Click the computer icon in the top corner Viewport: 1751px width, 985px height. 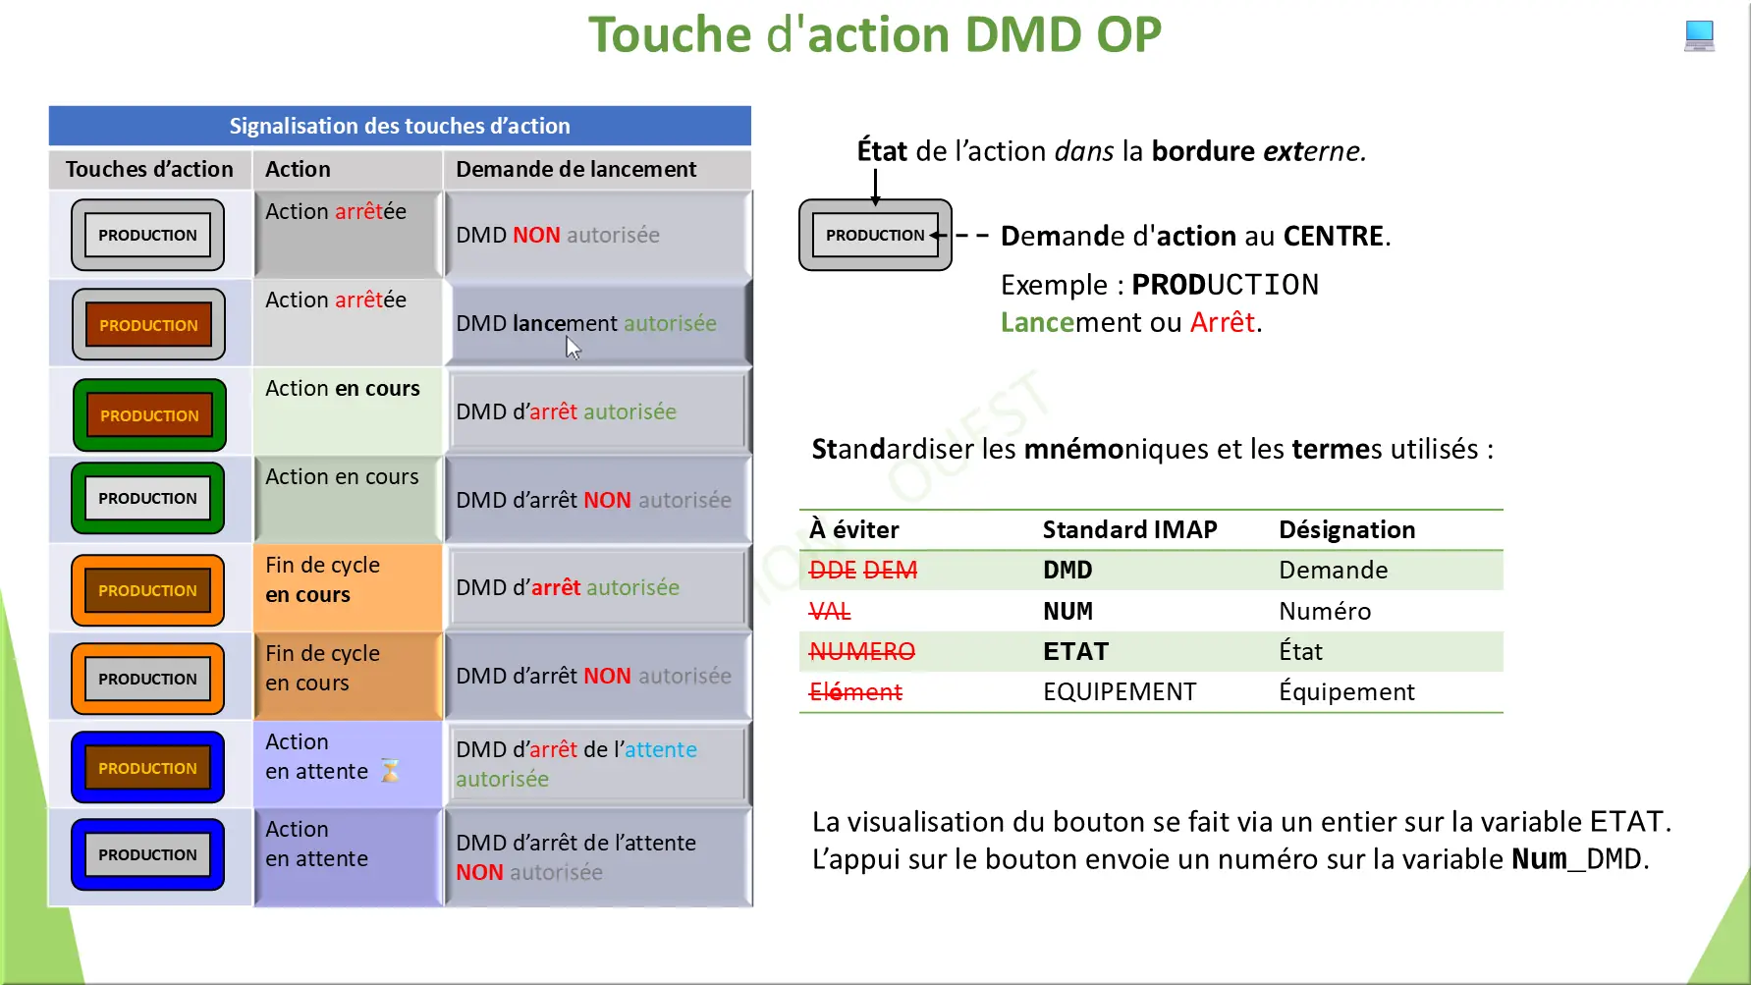pos(1699,35)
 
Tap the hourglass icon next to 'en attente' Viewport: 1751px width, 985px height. pos(390,771)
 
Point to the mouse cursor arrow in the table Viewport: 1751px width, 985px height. pos(574,348)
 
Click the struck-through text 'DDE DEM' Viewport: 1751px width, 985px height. pos(862,571)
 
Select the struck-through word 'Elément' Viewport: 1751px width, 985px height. pos(854,692)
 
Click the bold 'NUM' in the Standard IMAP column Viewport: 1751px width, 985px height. pos(1067,611)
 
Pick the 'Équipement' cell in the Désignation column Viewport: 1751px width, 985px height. pos(1346,691)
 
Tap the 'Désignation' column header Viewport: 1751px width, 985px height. pos(1346,530)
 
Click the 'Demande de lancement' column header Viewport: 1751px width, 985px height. pos(576,169)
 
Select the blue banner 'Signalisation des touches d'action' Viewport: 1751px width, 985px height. pos(400,126)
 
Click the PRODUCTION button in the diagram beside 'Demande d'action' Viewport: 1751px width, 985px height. pos(875,236)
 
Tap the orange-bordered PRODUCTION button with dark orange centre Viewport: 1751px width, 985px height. pos(147,590)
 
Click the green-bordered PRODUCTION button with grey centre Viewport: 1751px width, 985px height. pos(147,498)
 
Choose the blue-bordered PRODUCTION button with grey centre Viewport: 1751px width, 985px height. pos(147,854)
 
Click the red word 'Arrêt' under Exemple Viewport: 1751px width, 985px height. pos(1223,322)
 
